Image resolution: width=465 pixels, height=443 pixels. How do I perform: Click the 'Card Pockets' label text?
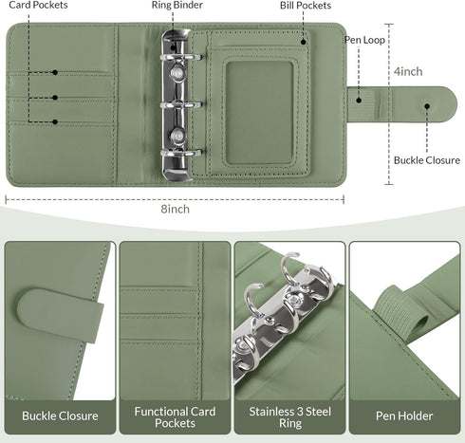(x=38, y=5)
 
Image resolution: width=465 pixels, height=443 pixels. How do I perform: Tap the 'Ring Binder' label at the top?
(x=177, y=5)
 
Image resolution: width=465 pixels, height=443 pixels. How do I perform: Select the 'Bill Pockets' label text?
(x=306, y=6)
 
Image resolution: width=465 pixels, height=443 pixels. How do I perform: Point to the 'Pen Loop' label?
(x=364, y=40)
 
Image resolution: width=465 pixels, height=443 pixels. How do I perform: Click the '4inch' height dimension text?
(x=408, y=71)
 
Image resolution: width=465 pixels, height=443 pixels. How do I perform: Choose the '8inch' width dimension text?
(x=176, y=209)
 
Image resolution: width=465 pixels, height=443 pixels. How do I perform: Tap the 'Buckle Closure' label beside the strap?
(x=427, y=160)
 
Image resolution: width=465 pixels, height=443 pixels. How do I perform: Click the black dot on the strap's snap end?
(x=427, y=106)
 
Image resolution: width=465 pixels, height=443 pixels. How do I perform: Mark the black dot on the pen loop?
(x=359, y=101)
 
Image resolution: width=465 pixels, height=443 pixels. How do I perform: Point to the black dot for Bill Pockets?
(x=303, y=42)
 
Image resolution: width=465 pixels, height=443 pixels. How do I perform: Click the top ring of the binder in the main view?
(x=181, y=57)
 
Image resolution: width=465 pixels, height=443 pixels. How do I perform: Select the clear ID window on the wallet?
(x=260, y=113)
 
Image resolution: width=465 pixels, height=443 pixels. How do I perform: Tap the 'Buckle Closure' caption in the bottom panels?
(x=60, y=415)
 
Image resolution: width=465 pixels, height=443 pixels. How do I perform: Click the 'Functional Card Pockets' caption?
(x=175, y=417)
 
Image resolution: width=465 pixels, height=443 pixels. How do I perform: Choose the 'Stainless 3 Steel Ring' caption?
(x=290, y=417)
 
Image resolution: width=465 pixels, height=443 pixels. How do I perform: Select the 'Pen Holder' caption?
(x=404, y=415)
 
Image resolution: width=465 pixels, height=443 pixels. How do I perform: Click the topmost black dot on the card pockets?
(x=55, y=72)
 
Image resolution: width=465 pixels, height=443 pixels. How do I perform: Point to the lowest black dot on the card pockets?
(x=55, y=121)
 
